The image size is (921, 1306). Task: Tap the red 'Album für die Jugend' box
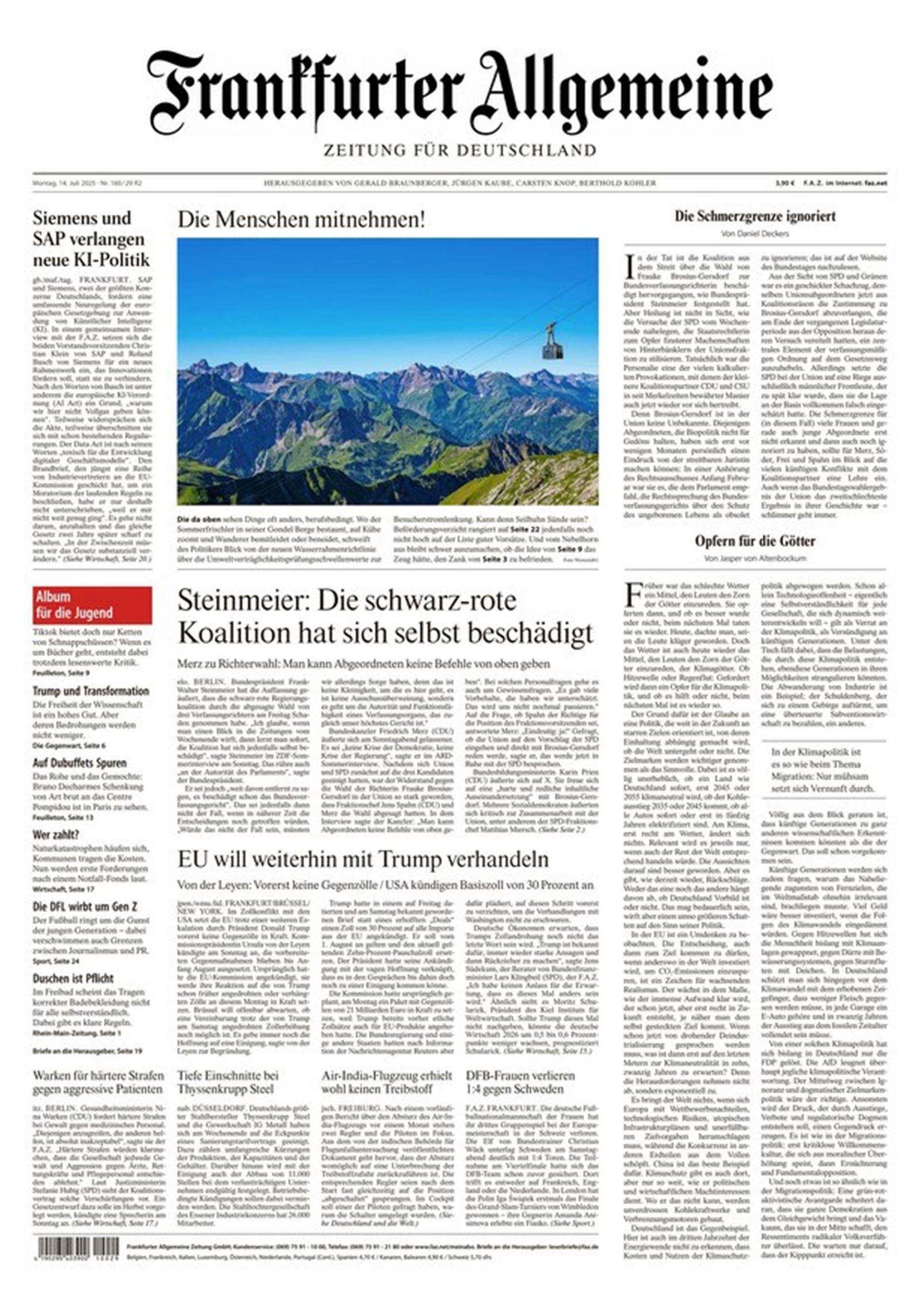tap(92, 604)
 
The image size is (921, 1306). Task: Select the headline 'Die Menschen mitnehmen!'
tap(301, 219)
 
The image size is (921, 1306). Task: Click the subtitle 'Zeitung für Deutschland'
tap(459, 151)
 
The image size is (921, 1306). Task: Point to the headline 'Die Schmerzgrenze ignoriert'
tap(755, 217)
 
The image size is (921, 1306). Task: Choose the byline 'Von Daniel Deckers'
tap(755, 234)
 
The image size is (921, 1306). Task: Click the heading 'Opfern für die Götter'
tap(755, 541)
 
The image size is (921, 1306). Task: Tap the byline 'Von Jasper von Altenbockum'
tap(755, 558)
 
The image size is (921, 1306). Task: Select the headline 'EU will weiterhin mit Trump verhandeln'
tap(363, 859)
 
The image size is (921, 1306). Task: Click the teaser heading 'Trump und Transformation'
tap(90, 691)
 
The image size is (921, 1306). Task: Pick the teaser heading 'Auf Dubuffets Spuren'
tap(79, 763)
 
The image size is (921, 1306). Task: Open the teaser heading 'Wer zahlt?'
tap(56, 835)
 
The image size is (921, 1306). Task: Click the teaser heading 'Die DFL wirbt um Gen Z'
tap(85, 907)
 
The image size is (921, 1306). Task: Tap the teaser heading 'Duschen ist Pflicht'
tap(73, 978)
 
